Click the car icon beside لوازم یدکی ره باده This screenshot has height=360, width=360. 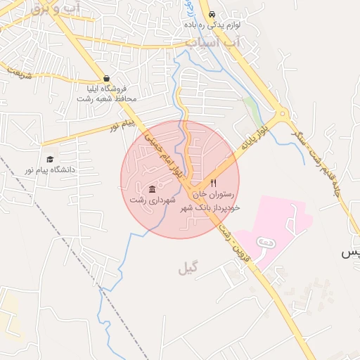tap(212, 13)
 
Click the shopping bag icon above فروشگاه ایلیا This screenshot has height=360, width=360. tap(105, 78)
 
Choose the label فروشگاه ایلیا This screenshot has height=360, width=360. tap(106, 89)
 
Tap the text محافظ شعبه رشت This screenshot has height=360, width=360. tap(106, 98)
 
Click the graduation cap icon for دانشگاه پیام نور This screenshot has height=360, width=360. tap(49, 160)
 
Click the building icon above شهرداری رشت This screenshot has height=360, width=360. tap(153, 189)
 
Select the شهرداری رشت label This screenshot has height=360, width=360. tap(148, 200)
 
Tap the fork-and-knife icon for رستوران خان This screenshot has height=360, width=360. tap(214, 183)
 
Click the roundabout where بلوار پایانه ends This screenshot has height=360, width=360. tap(282, 112)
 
